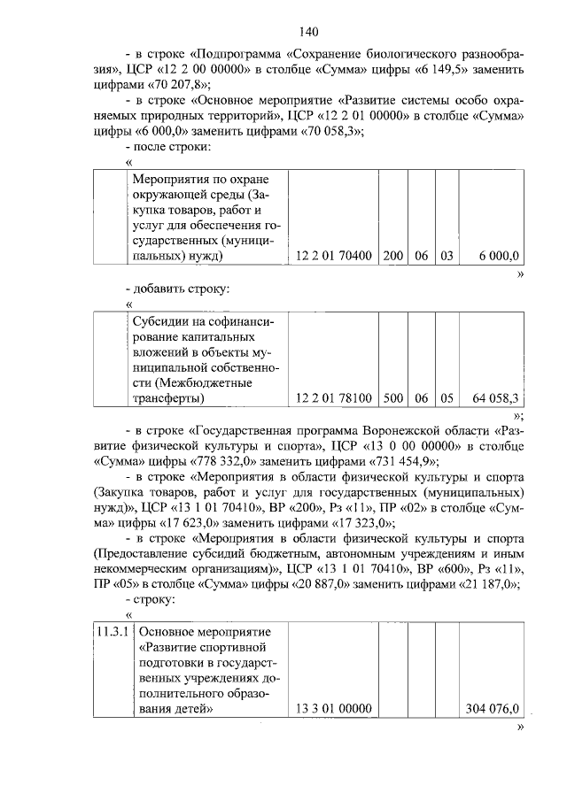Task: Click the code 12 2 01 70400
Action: point(333,257)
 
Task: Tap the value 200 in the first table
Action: point(393,257)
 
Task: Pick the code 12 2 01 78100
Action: point(333,399)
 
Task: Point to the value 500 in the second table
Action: point(393,399)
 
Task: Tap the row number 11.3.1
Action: point(113,633)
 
